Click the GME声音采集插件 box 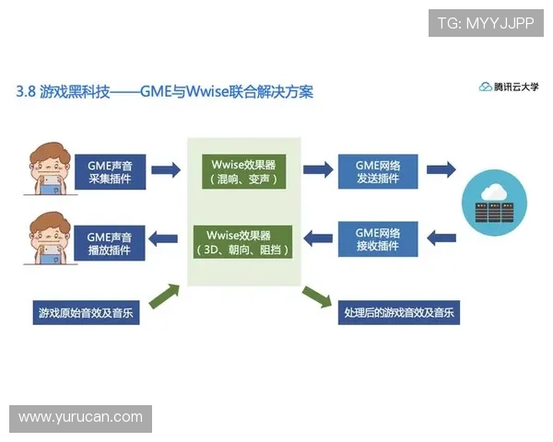click(x=111, y=170)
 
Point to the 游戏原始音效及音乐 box click(x=84, y=312)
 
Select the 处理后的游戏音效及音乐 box click(x=398, y=312)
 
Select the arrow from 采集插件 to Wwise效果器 click(x=166, y=170)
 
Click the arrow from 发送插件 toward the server click(x=441, y=169)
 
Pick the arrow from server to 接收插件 click(x=441, y=239)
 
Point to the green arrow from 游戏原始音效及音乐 click(x=164, y=295)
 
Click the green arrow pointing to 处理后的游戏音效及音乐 click(x=316, y=296)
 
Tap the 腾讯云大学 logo click(x=509, y=87)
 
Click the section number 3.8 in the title click(x=26, y=92)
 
